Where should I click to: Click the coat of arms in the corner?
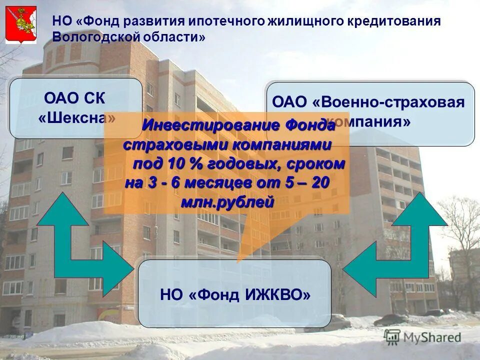(x=20, y=25)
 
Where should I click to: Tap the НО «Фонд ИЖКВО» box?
(x=234, y=293)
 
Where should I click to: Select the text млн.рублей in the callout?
(x=227, y=202)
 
